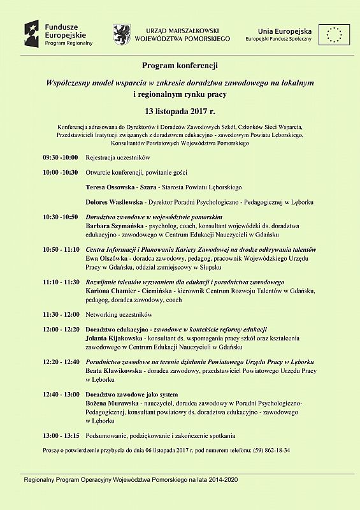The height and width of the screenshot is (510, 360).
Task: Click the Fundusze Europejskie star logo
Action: pyautogui.click(x=33, y=32)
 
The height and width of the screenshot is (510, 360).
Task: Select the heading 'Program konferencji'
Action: pyautogui.click(x=180, y=66)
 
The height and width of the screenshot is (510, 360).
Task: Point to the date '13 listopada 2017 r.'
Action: pyautogui.click(x=180, y=112)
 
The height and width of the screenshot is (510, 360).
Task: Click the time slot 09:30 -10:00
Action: pyautogui.click(x=60, y=157)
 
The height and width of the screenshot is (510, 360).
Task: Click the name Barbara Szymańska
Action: pyautogui.click(x=114, y=226)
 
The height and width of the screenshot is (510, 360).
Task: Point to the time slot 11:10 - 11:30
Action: pyautogui.click(x=61, y=282)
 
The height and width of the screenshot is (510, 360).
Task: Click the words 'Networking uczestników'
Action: pyautogui.click(x=119, y=314)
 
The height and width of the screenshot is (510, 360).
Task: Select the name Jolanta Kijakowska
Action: pyautogui.click(x=115, y=338)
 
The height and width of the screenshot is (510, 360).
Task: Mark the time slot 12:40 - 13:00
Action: pyautogui.click(x=61, y=395)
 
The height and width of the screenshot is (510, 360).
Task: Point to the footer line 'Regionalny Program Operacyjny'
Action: pyautogui.click(x=131, y=479)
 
